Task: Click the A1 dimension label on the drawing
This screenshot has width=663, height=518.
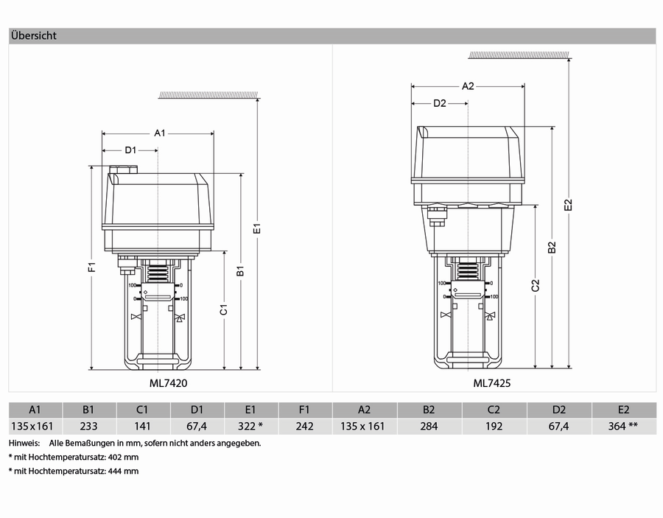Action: coord(159,133)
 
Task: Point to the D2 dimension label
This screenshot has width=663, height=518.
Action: coord(440,103)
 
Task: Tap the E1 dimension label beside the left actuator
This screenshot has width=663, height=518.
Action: coord(257,228)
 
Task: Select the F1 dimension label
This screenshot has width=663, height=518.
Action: coord(92,267)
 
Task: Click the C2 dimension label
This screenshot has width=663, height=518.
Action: coord(536,285)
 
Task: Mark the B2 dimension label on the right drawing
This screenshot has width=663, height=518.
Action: coord(552,248)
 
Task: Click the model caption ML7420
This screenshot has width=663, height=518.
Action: coord(168,383)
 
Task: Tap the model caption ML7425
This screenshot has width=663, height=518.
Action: coord(492,383)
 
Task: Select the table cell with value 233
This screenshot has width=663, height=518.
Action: coord(89,426)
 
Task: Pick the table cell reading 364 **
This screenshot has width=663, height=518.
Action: coord(623,426)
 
